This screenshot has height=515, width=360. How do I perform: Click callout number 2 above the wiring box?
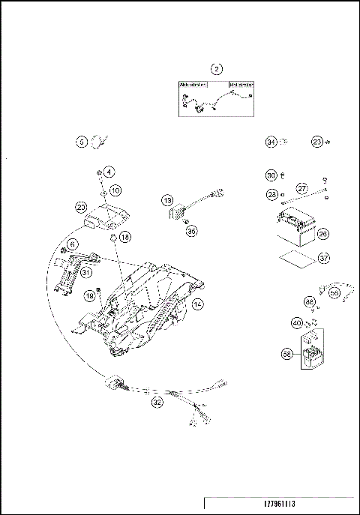[x=217, y=70]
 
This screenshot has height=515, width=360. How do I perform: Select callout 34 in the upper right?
[x=271, y=141]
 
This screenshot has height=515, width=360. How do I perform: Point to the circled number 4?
[x=109, y=172]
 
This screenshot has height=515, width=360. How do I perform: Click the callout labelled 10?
[x=115, y=191]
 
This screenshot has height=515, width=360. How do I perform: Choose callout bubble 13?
[x=167, y=200]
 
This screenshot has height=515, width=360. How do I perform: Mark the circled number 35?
[x=191, y=232]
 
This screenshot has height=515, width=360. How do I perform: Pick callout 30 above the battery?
[x=271, y=175]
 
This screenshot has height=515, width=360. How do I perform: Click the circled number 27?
[x=302, y=188]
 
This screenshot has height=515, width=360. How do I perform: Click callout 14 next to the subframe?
[x=197, y=304]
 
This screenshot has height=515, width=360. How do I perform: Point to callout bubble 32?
[x=157, y=401]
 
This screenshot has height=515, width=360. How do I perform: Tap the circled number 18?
[x=124, y=236]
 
